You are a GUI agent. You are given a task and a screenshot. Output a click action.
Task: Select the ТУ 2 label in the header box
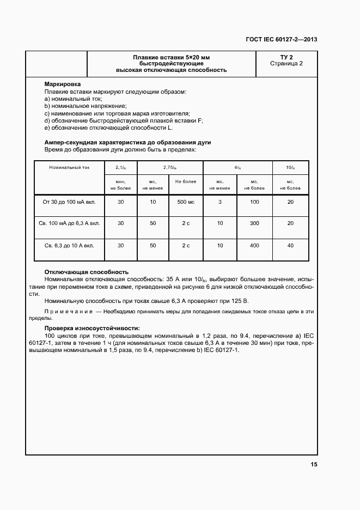(286, 57)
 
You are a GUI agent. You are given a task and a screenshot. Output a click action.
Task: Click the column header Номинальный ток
(69, 168)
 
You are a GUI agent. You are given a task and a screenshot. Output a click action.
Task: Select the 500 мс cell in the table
(186, 202)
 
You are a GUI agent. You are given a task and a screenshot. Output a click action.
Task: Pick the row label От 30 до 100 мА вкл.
(69, 202)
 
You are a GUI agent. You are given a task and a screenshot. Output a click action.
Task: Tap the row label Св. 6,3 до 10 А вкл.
(69, 246)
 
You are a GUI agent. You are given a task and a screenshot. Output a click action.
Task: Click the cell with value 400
(254, 246)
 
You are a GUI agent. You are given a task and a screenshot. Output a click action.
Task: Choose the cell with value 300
(254, 223)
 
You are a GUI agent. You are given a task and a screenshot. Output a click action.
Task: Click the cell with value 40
(290, 246)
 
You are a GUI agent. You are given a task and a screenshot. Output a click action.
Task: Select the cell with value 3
(219, 202)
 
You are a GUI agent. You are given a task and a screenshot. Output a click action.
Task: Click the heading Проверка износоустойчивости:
(92, 328)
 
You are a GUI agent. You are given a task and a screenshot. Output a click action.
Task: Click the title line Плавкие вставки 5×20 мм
(171, 57)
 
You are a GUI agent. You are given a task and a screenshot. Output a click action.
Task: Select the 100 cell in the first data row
(254, 202)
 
